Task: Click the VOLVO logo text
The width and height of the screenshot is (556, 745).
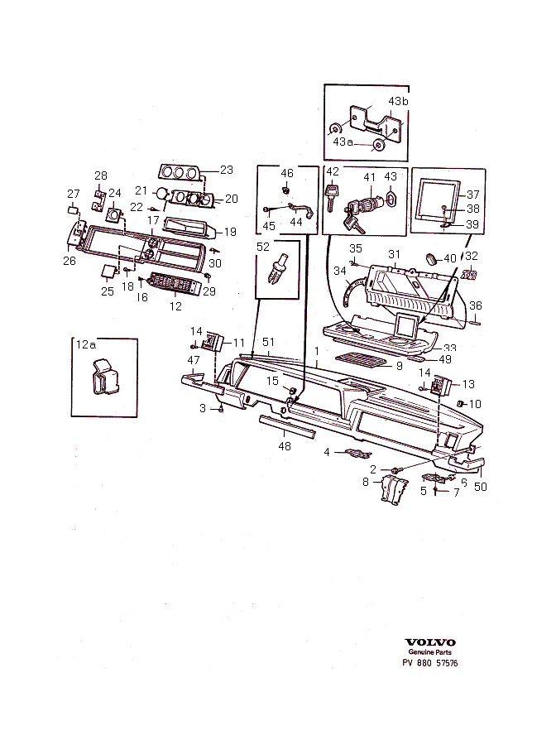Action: click(x=429, y=642)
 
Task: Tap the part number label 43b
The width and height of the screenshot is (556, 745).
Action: click(x=398, y=101)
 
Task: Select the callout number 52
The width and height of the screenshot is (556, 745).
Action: click(x=262, y=247)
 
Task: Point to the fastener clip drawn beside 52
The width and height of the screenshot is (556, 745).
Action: click(x=279, y=269)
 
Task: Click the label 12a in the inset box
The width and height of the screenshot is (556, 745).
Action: click(x=86, y=344)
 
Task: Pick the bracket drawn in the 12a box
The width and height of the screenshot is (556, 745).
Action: click(x=104, y=377)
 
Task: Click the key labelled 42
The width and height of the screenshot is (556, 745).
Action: click(x=331, y=198)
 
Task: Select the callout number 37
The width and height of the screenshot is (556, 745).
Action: click(x=473, y=195)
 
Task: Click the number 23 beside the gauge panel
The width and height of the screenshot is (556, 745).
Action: click(x=227, y=170)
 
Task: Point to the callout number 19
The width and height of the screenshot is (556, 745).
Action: click(x=230, y=232)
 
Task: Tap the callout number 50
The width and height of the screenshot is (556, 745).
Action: click(x=481, y=487)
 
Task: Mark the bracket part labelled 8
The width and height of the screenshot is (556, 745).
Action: click(x=394, y=489)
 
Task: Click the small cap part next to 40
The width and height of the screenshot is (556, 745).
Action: click(x=432, y=259)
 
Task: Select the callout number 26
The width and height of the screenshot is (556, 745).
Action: click(x=69, y=261)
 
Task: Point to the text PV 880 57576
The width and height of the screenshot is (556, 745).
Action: click(x=430, y=663)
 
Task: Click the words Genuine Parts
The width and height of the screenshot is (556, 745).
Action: click(x=429, y=652)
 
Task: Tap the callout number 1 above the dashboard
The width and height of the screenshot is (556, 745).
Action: click(x=317, y=351)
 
